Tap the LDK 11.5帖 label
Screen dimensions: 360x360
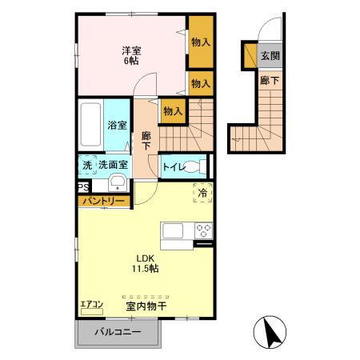click(146, 263)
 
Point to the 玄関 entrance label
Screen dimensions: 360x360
click(270, 57)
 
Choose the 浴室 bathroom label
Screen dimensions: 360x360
click(117, 124)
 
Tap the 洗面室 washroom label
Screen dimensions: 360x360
click(113, 164)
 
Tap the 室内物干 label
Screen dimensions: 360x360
click(145, 306)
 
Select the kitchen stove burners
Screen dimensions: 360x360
click(203, 230)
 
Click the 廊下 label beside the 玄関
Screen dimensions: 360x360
click(270, 80)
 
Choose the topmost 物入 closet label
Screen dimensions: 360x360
click(201, 42)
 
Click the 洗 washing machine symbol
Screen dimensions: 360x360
click(86, 164)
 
